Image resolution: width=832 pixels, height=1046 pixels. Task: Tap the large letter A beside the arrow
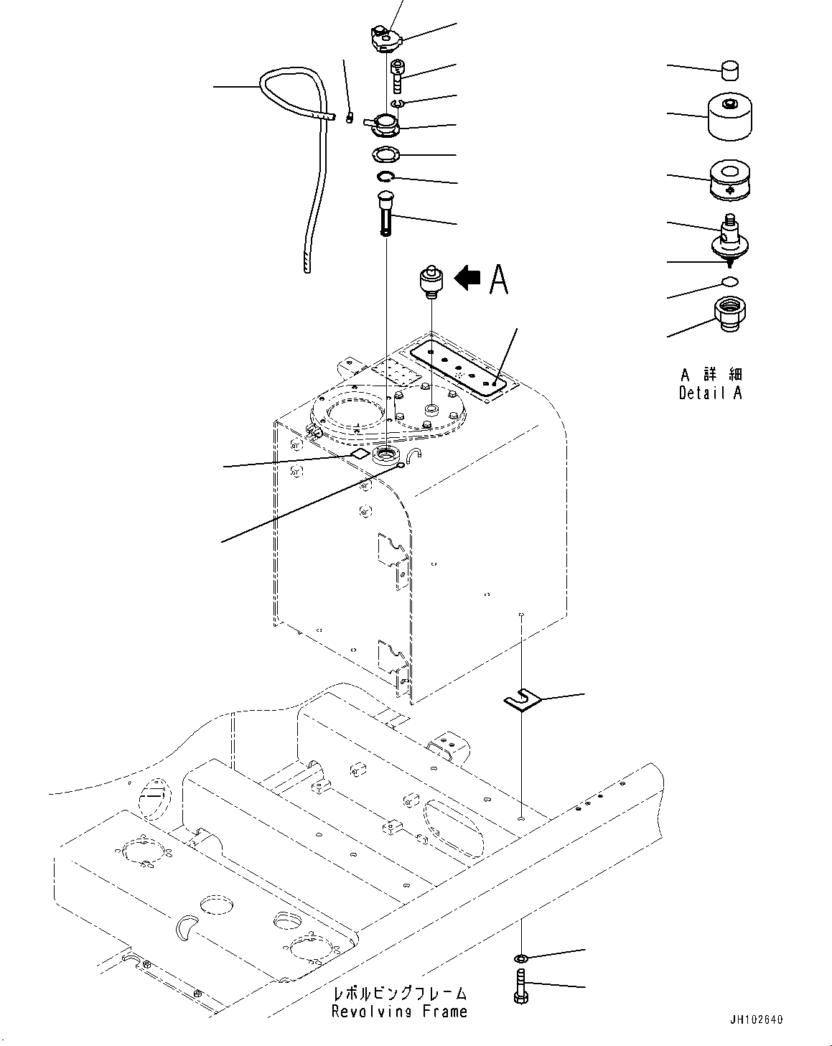pos(498,279)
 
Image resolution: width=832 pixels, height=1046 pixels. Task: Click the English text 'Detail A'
pos(710,393)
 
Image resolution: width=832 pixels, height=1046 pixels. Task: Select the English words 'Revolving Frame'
pos(399,1012)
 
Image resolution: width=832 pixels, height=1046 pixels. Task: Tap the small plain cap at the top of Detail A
pos(730,70)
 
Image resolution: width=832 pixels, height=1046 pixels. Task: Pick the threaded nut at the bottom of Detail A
pos(730,314)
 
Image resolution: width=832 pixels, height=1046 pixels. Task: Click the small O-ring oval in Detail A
pos(729,280)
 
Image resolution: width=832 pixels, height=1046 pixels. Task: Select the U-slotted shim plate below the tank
pos(520,700)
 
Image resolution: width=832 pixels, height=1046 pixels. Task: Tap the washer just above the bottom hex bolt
pos(521,958)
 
